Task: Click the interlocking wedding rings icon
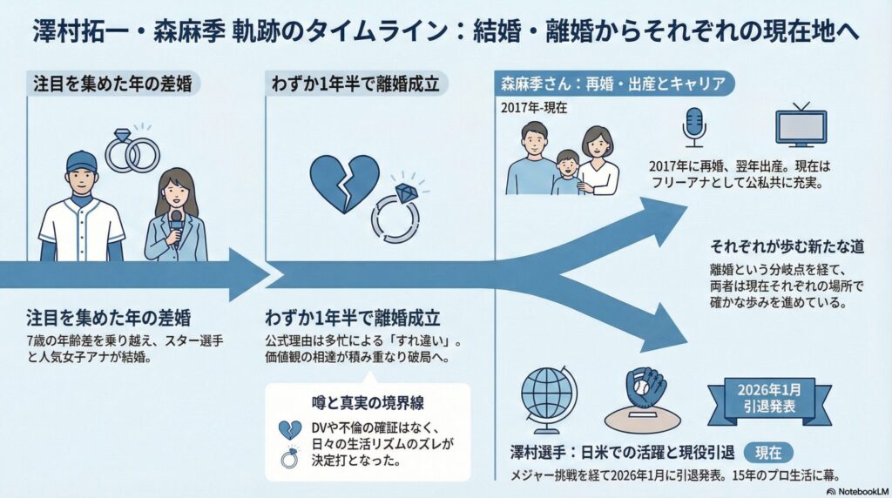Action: [132, 150]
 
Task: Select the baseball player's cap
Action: [81, 162]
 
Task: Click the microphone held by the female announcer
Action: [176, 219]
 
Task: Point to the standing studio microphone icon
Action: [693, 127]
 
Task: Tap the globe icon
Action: [549, 398]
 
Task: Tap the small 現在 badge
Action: [767, 452]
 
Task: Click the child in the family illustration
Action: [568, 172]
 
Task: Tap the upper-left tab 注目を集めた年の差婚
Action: [111, 84]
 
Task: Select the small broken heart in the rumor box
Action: [288, 429]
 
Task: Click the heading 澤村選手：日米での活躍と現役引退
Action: [622, 453]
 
